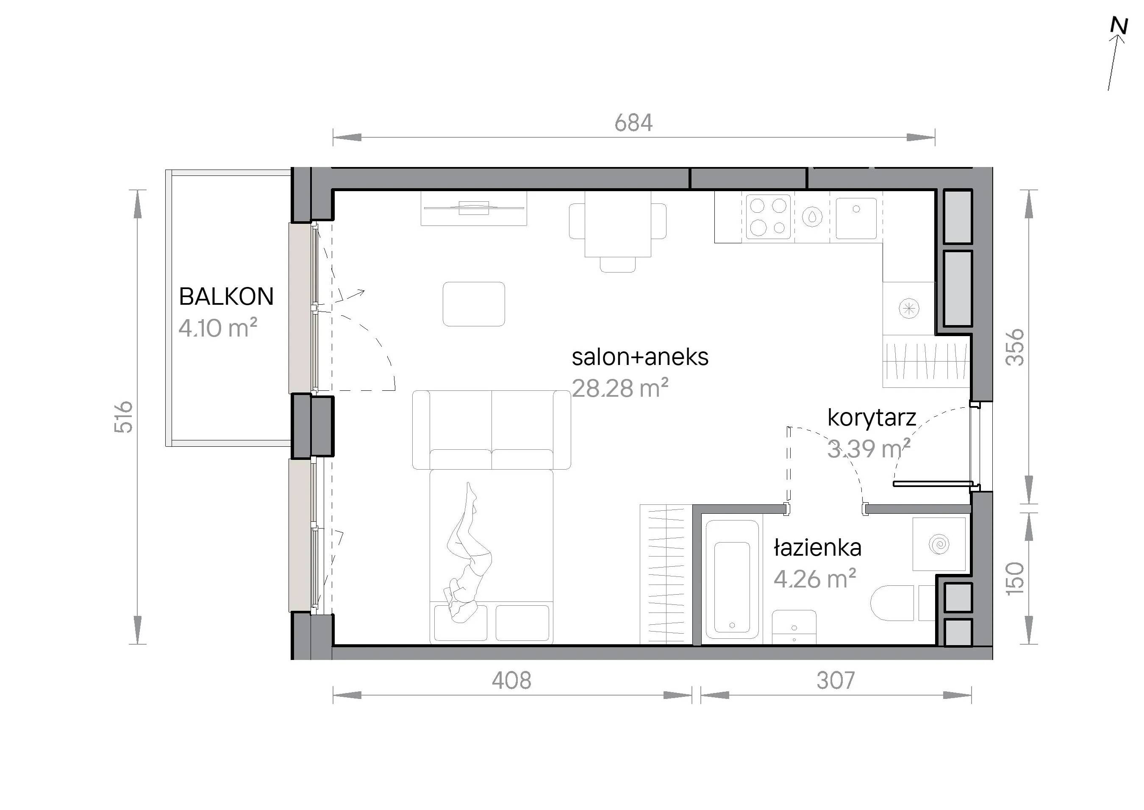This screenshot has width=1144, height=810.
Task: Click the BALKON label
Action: [226, 297]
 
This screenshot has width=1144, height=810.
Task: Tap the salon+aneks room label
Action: [640, 357]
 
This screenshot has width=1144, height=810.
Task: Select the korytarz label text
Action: [872, 418]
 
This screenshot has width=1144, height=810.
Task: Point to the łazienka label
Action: [817, 548]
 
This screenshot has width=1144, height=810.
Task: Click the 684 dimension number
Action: [633, 122]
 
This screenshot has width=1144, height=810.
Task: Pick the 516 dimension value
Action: [124, 417]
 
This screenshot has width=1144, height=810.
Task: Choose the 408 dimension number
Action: [511, 680]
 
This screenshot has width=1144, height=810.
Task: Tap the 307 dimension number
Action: [836, 680]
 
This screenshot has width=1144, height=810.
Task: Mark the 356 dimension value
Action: [1015, 348]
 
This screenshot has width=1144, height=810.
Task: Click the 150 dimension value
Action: [1015, 579]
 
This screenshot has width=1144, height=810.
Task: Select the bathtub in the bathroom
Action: [732, 579]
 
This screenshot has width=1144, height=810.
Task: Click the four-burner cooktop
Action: [768, 217]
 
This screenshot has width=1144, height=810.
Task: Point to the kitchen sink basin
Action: [856, 218]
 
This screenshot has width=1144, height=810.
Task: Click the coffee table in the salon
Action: [474, 304]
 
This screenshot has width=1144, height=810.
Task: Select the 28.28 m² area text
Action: [619, 388]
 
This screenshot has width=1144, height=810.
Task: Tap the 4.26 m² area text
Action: [814, 579]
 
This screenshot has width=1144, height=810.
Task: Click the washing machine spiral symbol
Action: [939, 544]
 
